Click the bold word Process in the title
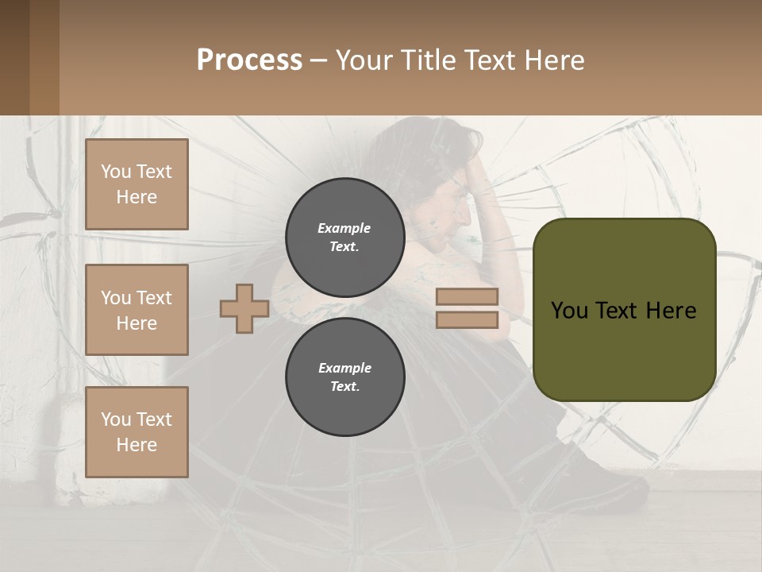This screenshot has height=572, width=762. tap(249, 60)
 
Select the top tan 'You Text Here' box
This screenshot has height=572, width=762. tap(137, 184)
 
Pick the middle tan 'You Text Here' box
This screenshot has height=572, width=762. tap(137, 310)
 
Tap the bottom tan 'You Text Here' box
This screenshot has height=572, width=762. tap(137, 432)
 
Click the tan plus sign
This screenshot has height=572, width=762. tap(244, 308)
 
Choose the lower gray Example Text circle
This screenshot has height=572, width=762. tap(344, 377)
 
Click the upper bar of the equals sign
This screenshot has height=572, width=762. tap(467, 297)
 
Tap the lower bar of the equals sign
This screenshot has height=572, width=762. tap(467, 319)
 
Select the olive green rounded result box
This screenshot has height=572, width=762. tap(624, 310)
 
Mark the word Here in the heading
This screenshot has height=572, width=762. tap(552, 60)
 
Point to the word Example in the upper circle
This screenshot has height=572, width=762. tap(344, 228)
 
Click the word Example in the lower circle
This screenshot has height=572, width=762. tap(344, 368)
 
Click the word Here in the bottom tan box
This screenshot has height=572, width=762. tap(137, 445)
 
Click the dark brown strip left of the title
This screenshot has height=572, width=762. tap(29, 57)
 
